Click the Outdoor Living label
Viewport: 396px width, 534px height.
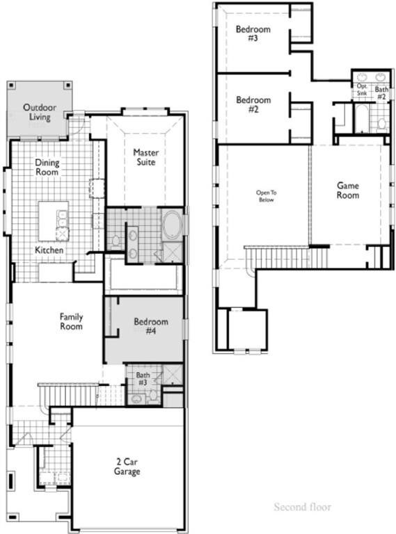tap(40, 112)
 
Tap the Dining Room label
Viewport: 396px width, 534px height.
tap(47, 167)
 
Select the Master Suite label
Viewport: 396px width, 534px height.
tap(145, 157)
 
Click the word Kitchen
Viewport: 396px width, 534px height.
tap(49, 250)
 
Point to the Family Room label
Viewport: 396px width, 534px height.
tap(71, 321)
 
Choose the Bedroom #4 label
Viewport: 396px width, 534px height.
tap(151, 327)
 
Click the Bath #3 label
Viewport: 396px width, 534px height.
tap(142, 379)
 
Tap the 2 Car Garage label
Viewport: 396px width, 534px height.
tap(127, 467)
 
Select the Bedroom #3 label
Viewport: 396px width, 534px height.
tap(253, 34)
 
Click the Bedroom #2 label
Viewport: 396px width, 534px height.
tap(253, 104)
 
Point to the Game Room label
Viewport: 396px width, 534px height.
tap(348, 191)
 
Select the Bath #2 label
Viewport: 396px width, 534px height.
tap(381, 92)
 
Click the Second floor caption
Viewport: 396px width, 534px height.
tap(302, 507)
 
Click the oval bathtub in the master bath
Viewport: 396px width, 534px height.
tap(172, 227)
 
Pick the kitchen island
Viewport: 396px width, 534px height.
tap(54, 221)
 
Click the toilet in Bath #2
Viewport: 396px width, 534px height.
tap(381, 123)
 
